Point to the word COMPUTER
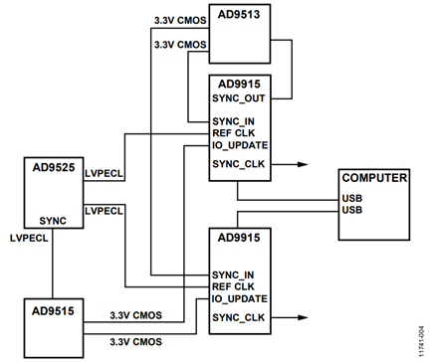pos(376,177)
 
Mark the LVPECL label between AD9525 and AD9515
pos(30,240)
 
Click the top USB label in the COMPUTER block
pos(351,196)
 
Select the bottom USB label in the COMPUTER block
pos(351,210)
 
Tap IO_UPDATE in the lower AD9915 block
pos(240,297)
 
